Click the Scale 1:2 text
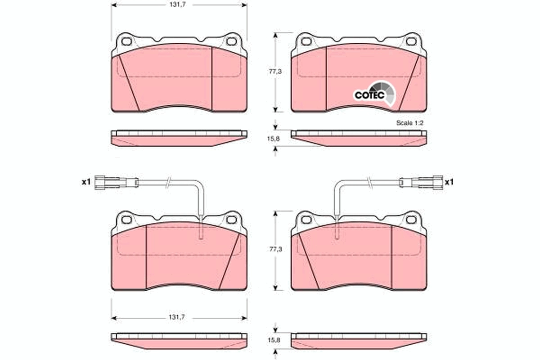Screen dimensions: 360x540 (x=410, y=122)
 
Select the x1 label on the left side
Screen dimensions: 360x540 (x=86, y=182)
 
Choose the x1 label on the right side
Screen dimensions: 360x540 (x=449, y=182)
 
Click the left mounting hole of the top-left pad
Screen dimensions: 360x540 (x=127, y=42)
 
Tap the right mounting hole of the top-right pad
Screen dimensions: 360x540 (x=410, y=42)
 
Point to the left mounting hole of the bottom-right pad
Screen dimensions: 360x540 (x=306, y=220)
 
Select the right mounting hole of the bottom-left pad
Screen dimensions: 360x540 (x=231, y=220)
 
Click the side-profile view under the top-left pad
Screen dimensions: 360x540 (x=179, y=138)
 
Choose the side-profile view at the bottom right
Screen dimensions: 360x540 (x=359, y=341)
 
